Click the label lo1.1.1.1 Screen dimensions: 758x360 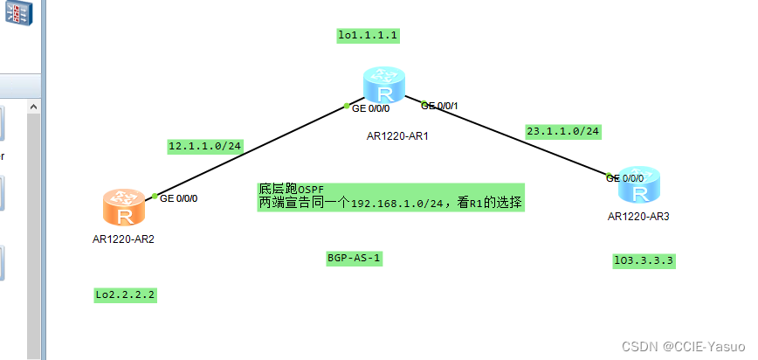point(368,36)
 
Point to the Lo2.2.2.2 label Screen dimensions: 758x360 point(125,295)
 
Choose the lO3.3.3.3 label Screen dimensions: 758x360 point(644,260)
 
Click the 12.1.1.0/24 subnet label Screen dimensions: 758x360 point(205,147)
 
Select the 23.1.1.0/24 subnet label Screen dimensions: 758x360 point(562,131)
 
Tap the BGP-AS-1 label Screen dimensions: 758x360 point(355,259)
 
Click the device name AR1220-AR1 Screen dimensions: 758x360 point(397,136)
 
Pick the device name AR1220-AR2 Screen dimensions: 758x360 point(122,238)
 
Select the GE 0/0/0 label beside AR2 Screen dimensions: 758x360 point(179,198)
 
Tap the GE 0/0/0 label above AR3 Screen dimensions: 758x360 point(626,177)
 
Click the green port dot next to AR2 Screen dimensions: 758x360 point(154,196)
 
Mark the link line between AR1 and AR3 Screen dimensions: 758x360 point(515,139)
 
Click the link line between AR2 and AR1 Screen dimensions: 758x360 point(253,151)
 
